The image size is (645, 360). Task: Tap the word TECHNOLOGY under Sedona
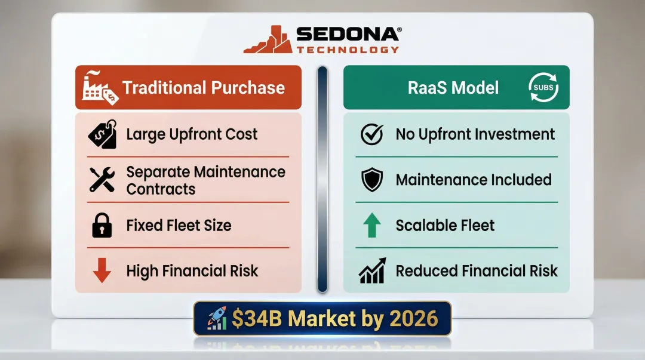(348, 50)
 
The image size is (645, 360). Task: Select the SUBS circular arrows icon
(544, 88)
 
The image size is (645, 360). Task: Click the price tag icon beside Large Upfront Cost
(102, 134)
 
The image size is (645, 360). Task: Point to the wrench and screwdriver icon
(102, 180)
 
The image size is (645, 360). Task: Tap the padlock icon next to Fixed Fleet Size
(102, 225)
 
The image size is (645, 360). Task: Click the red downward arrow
(102, 270)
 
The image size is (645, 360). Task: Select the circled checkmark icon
(372, 134)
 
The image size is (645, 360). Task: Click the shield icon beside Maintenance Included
(372, 180)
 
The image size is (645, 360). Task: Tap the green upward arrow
(372, 225)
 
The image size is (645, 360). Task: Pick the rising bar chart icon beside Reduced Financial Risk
(372, 270)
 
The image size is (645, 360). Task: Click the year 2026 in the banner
(413, 319)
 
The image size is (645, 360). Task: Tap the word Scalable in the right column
(419, 225)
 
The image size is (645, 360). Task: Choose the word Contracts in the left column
(161, 189)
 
